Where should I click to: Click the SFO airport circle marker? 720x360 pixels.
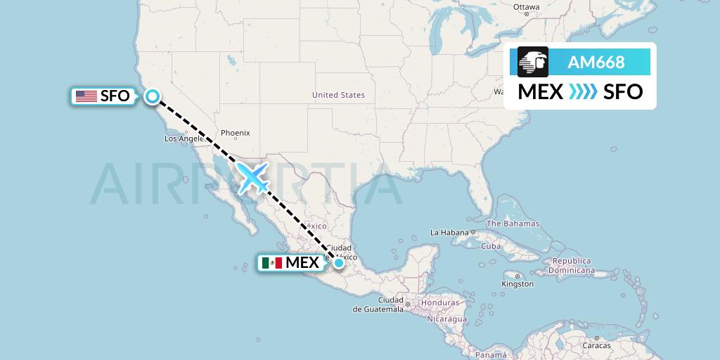coord(152,96)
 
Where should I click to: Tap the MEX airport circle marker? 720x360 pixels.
coord(339,263)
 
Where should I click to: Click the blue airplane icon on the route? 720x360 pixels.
coord(253,177)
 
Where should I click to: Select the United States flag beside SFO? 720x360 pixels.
coord(86,96)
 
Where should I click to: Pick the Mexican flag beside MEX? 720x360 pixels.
coord(271,263)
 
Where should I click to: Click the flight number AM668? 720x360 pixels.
coord(596,63)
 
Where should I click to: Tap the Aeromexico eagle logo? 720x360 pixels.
coord(533,62)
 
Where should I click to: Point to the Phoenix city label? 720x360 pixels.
coord(235,133)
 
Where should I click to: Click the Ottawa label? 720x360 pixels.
coord(526,7)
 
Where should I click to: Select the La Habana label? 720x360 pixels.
coord(449,232)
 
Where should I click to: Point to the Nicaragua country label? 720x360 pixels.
coord(445,319)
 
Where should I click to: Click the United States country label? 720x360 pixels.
coord(338,95)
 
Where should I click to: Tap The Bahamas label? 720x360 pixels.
coord(513,224)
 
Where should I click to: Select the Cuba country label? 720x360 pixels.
coord(490,246)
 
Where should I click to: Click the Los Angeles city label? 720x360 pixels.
coord(184,139)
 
